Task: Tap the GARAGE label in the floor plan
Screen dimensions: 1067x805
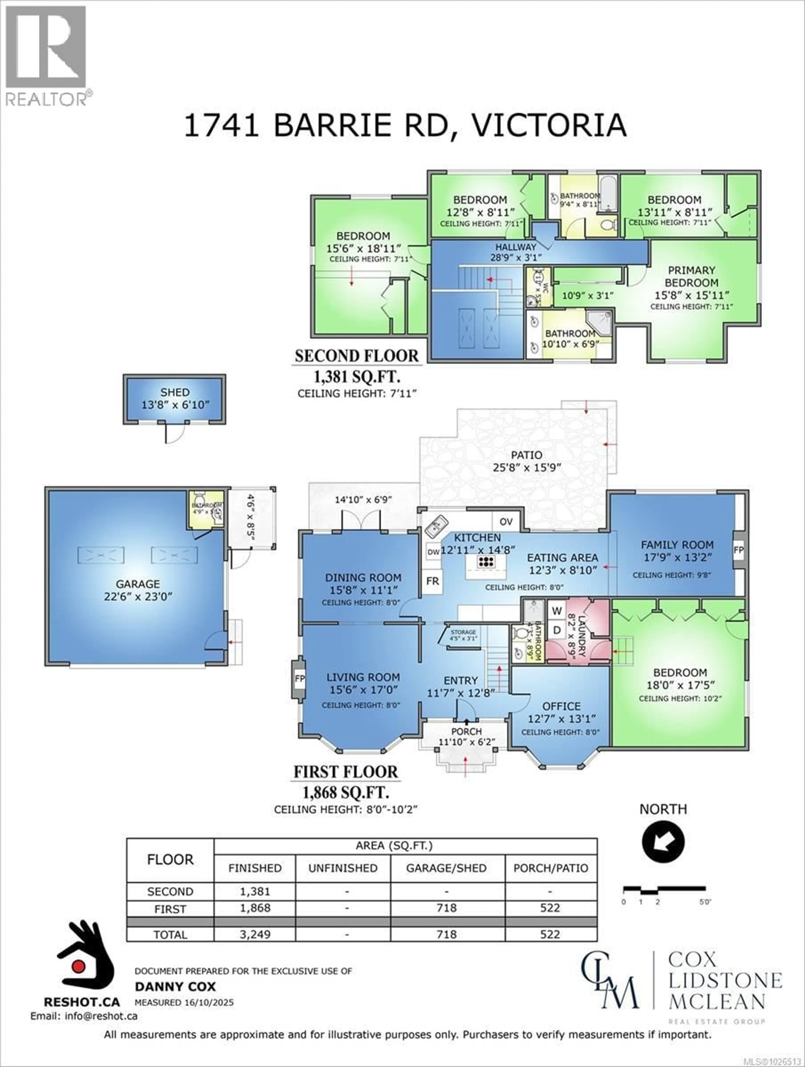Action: coord(138,584)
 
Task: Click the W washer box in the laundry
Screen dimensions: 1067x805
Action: coord(557,611)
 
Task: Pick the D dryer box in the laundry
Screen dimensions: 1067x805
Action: coord(557,630)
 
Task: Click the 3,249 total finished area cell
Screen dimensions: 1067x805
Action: coord(255,934)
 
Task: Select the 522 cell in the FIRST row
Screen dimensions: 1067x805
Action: coord(550,908)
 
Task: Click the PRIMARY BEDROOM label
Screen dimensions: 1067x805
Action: coord(691,276)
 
